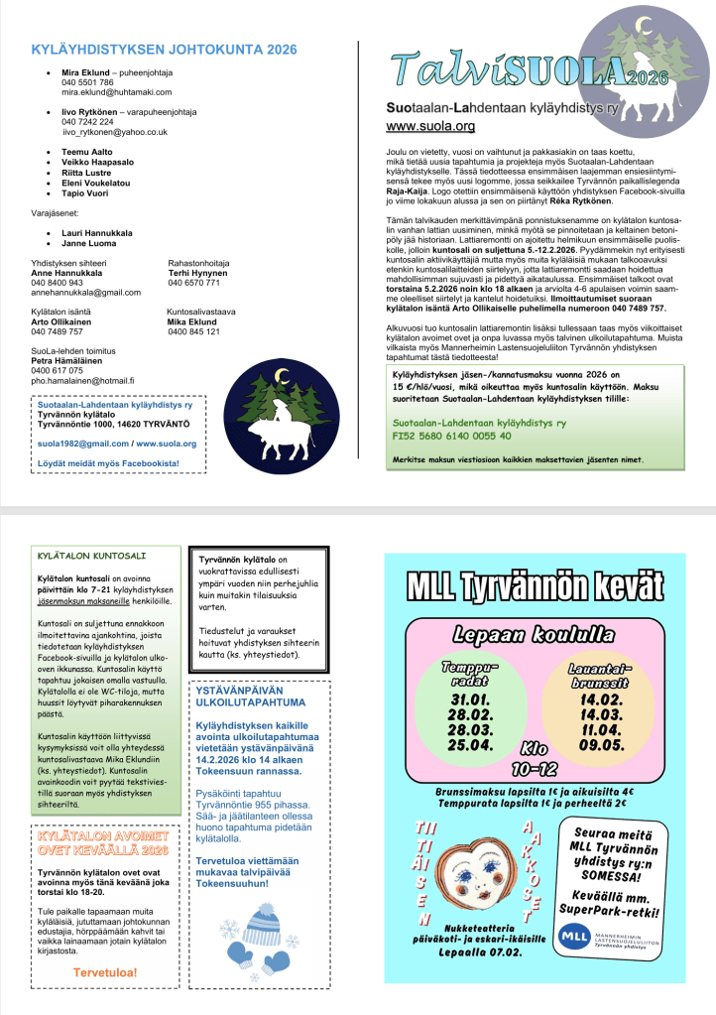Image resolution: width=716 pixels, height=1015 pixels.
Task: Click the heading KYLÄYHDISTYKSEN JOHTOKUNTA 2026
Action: tap(165, 49)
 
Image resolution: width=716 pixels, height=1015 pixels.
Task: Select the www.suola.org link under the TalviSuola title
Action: tap(430, 126)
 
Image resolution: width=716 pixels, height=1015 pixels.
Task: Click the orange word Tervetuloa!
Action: tap(105, 972)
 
